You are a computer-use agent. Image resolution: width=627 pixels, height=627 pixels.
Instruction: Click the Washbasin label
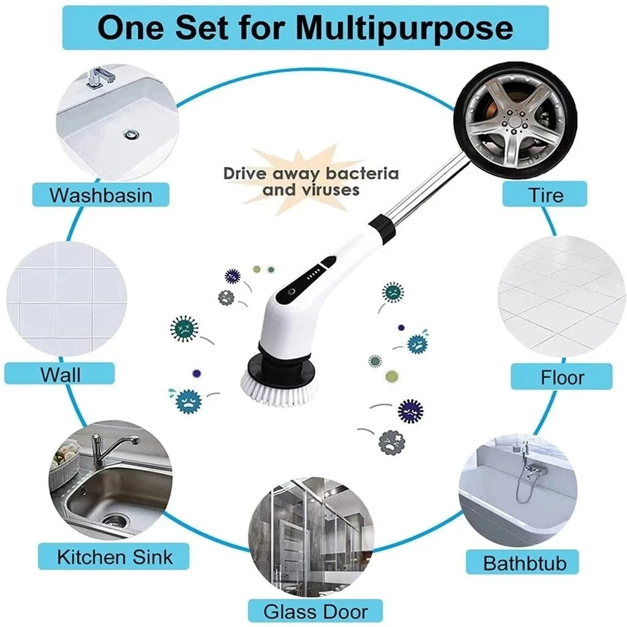100,195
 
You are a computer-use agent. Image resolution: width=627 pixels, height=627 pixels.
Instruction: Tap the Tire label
546,195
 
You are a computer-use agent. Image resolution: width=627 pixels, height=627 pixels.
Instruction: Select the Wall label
60,374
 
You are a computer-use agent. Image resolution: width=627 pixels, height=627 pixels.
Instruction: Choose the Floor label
561,377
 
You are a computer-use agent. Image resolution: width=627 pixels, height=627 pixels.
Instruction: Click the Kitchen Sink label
115,557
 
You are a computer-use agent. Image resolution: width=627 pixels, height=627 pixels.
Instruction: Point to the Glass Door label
315,610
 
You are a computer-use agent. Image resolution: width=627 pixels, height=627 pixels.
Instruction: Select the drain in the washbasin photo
131,133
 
